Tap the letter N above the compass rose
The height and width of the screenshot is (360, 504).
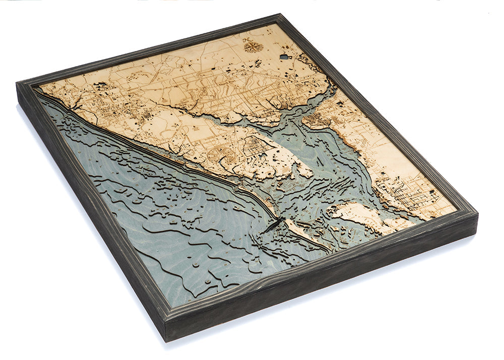tap(246, 39)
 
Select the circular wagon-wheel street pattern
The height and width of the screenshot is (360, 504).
tap(225, 154)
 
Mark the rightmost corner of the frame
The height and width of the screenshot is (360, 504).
tap(476, 214)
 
